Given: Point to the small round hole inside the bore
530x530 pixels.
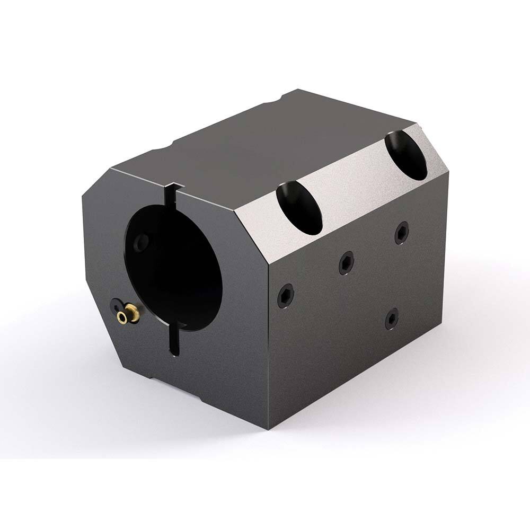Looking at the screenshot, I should click(x=140, y=242).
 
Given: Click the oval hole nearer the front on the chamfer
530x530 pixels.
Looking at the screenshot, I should click(x=299, y=208).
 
